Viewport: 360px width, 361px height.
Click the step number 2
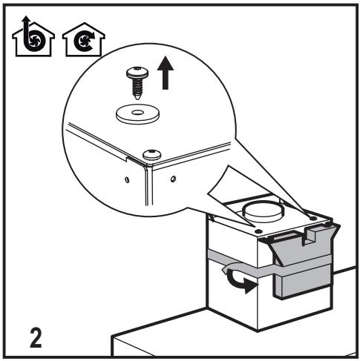(x=36, y=338)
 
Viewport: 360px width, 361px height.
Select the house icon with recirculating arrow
(x=84, y=39)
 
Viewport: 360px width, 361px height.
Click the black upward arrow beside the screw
(x=166, y=73)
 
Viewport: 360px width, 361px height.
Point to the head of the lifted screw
(x=136, y=72)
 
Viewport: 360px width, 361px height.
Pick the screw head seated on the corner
(x=152, y=155)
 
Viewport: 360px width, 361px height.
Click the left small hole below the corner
(x=127, y=179)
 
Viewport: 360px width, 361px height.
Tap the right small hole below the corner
(x=173, y=178)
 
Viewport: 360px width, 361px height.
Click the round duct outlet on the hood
(x=263, y=212)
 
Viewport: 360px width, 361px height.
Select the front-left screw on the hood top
(x=258, y=231)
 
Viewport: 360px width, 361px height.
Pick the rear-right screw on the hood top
(x=313, y=218)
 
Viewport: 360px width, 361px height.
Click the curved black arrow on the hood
(x=240, y=280)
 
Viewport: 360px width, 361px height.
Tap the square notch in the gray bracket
(x=311, y=236)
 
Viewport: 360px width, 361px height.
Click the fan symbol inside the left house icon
(x=33, y=39)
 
